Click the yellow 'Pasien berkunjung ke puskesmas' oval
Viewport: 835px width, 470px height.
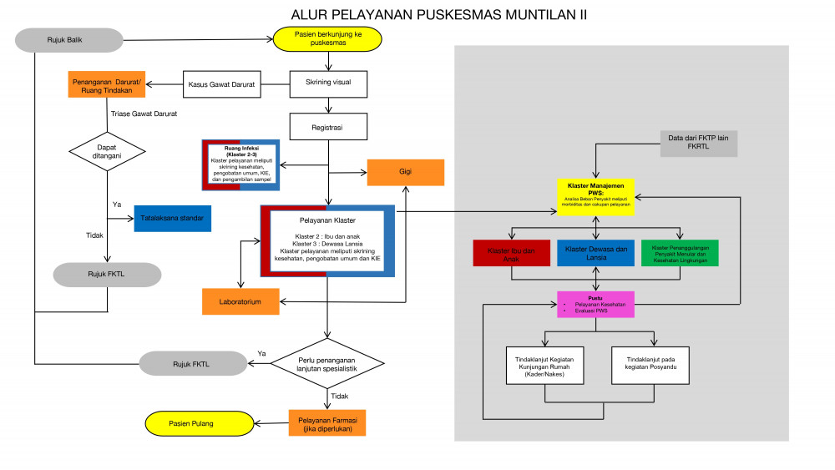coord(327,38)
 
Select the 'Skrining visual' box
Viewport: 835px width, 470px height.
coord(328,83)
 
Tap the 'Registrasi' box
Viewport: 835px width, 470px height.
coord(328,128)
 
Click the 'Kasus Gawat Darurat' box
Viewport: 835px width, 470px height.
coord(220,83)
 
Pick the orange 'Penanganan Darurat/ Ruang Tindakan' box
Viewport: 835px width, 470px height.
coord(108,85)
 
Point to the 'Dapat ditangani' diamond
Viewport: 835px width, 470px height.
coord(106,149)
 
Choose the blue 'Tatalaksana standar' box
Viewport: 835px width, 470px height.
coord(172,219)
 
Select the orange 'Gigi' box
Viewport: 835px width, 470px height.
coord(406,172)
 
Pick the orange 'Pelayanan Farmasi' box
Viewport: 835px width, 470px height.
coord(327,423)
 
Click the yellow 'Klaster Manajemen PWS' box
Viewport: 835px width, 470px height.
coord(595,196)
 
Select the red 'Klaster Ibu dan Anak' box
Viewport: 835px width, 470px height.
coord(512,254)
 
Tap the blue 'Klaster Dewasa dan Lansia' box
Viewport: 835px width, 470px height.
coord(595,254)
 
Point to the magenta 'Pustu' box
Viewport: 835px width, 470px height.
coord(595,305)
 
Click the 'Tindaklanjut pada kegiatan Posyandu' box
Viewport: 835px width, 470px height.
coord(651,365)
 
